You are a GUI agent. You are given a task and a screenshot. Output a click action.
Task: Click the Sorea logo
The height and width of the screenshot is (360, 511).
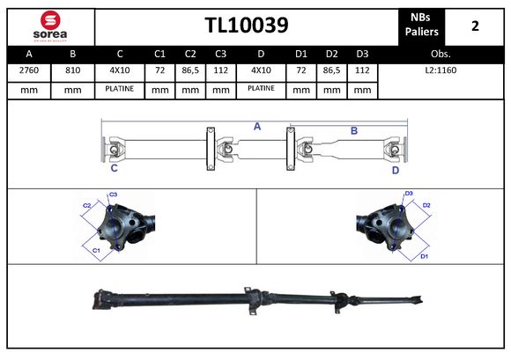click(50, 26)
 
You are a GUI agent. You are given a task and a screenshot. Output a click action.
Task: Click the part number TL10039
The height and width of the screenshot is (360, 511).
click(247, 25)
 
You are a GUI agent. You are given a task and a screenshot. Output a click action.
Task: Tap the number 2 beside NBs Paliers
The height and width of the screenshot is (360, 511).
click(475, 26)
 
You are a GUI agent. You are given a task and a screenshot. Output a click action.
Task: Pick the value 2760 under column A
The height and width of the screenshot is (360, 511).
click(29, 70)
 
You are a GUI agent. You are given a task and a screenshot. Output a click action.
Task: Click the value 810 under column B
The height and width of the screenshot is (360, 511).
click(72, 70)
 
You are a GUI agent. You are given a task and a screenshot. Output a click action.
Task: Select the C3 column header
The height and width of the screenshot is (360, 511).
click(220, 54)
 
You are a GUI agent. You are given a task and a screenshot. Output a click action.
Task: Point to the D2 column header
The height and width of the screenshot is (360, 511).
click(332, 54)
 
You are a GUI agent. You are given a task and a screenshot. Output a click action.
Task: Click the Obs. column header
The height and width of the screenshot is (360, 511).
click(441, 54)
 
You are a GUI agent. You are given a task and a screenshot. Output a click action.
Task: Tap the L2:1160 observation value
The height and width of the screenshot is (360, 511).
click(441, 70)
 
